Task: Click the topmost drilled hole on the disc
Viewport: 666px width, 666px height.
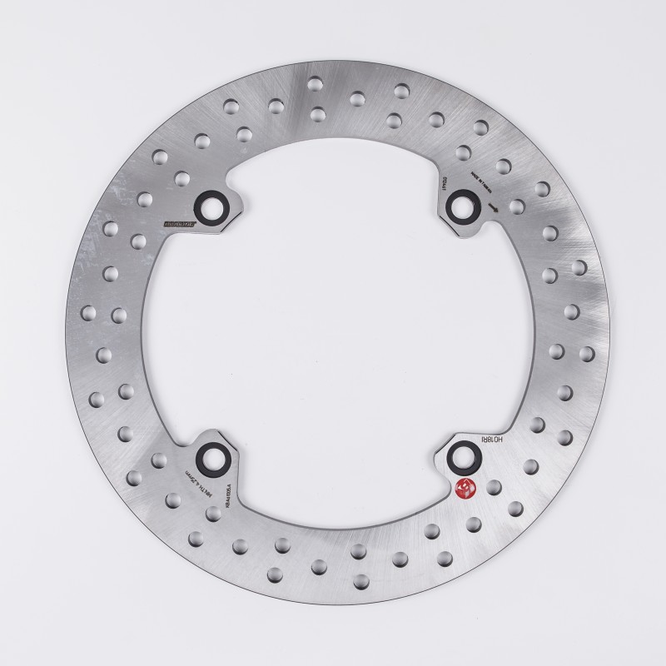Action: point(315,82)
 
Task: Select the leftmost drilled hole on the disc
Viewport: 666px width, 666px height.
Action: point(86,314)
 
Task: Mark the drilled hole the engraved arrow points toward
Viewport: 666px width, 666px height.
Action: point(516,206)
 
